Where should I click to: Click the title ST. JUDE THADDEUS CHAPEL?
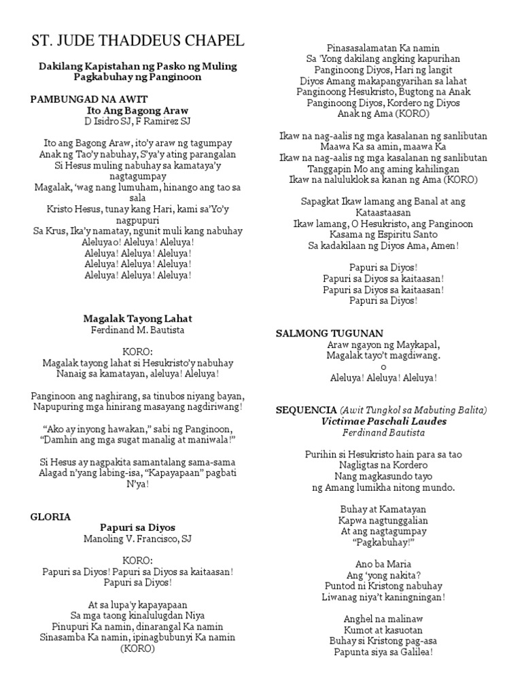pyautogui.click(x=138, y=41)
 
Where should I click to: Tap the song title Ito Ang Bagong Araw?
pyautogui.click(x=138, y=110)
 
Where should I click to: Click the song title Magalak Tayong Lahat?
pyautogui.click(x=137, y=318)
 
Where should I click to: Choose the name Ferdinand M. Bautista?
pyautogui.click(x=137, y=330)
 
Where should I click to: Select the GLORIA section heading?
pyautogui.click(x=50, y=517)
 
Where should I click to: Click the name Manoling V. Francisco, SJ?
pyautogui.click(x=137, y=539)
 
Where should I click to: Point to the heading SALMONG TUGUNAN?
pyautogui.click(x=330, y=333)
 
